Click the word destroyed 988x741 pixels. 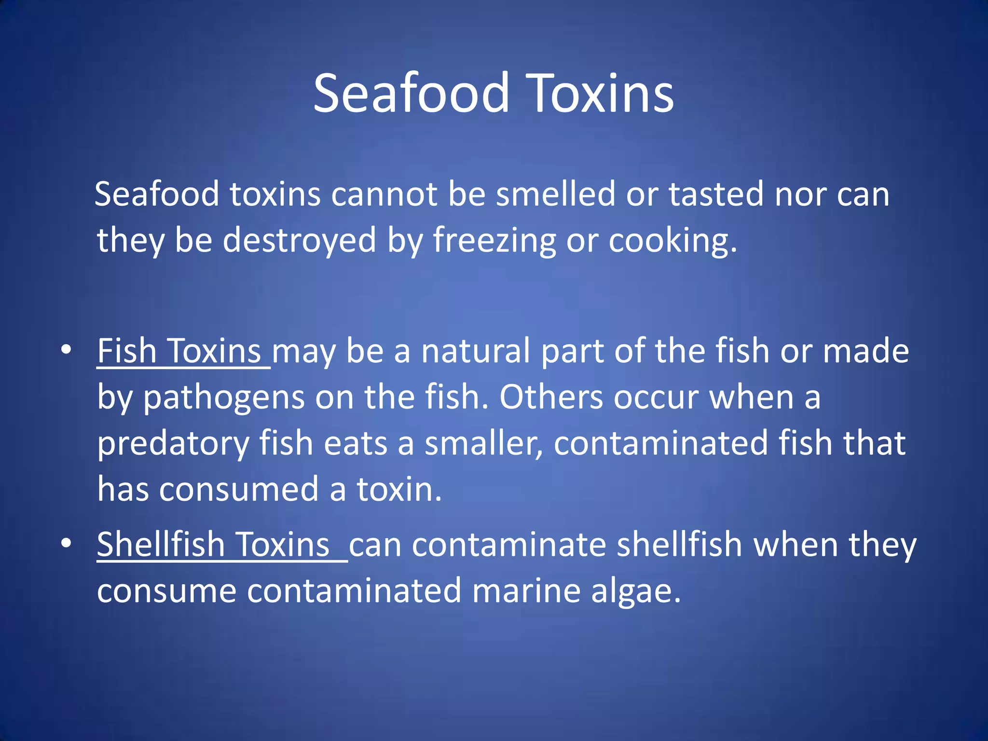click(299, 240)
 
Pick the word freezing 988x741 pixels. click(494, 240)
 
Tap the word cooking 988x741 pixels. click(672, 240)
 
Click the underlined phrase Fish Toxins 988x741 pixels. click(179, 351)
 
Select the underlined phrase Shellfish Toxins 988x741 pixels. click(214, 545)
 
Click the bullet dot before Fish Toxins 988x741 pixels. click(66, 349)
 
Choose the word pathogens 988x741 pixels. click(224, 398)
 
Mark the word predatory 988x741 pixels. click(173, 444)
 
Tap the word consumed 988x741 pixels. click(239, 489)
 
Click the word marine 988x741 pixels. click(526, 591)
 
